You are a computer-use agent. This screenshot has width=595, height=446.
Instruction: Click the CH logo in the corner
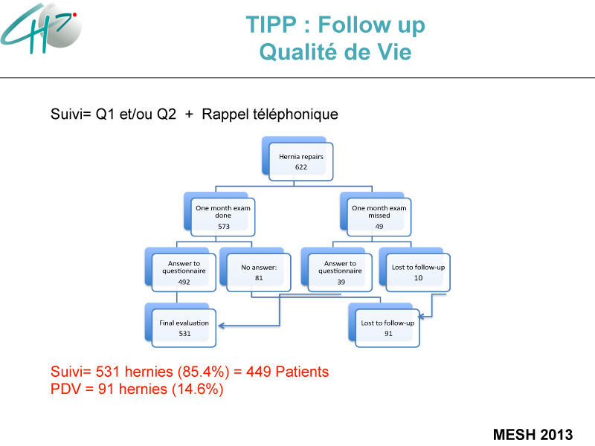[41, 28]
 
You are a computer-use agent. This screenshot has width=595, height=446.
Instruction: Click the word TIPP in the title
[271, 25]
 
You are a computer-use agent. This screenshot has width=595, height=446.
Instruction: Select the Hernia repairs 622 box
[297, 158]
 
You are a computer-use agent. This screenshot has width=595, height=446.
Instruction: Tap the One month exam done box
[219, 214]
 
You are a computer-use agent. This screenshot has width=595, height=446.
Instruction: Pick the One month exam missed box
[376, 214]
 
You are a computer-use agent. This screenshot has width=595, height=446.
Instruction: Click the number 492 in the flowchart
[184, 282]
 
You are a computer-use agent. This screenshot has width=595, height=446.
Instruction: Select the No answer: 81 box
[255, 270]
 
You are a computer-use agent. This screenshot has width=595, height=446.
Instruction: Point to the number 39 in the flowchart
[341, 282]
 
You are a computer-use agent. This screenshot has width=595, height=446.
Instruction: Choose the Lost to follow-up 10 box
[415, 270]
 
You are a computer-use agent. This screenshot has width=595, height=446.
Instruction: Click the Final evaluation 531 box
[181, 325]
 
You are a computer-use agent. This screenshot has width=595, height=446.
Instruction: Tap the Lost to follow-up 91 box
[384, 325]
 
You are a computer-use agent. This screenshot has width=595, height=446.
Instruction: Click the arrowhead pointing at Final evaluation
[221, 326]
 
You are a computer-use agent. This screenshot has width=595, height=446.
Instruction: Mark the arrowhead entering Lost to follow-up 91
[421, 316]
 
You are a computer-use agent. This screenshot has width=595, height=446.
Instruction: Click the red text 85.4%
[203, 372]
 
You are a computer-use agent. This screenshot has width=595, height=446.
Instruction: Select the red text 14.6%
[197, 389]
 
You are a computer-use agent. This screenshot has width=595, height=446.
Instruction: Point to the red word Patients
[302, 372]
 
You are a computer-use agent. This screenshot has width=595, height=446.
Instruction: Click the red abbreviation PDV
[65, 389]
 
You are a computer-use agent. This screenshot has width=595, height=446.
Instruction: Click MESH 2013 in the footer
[533, 434]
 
